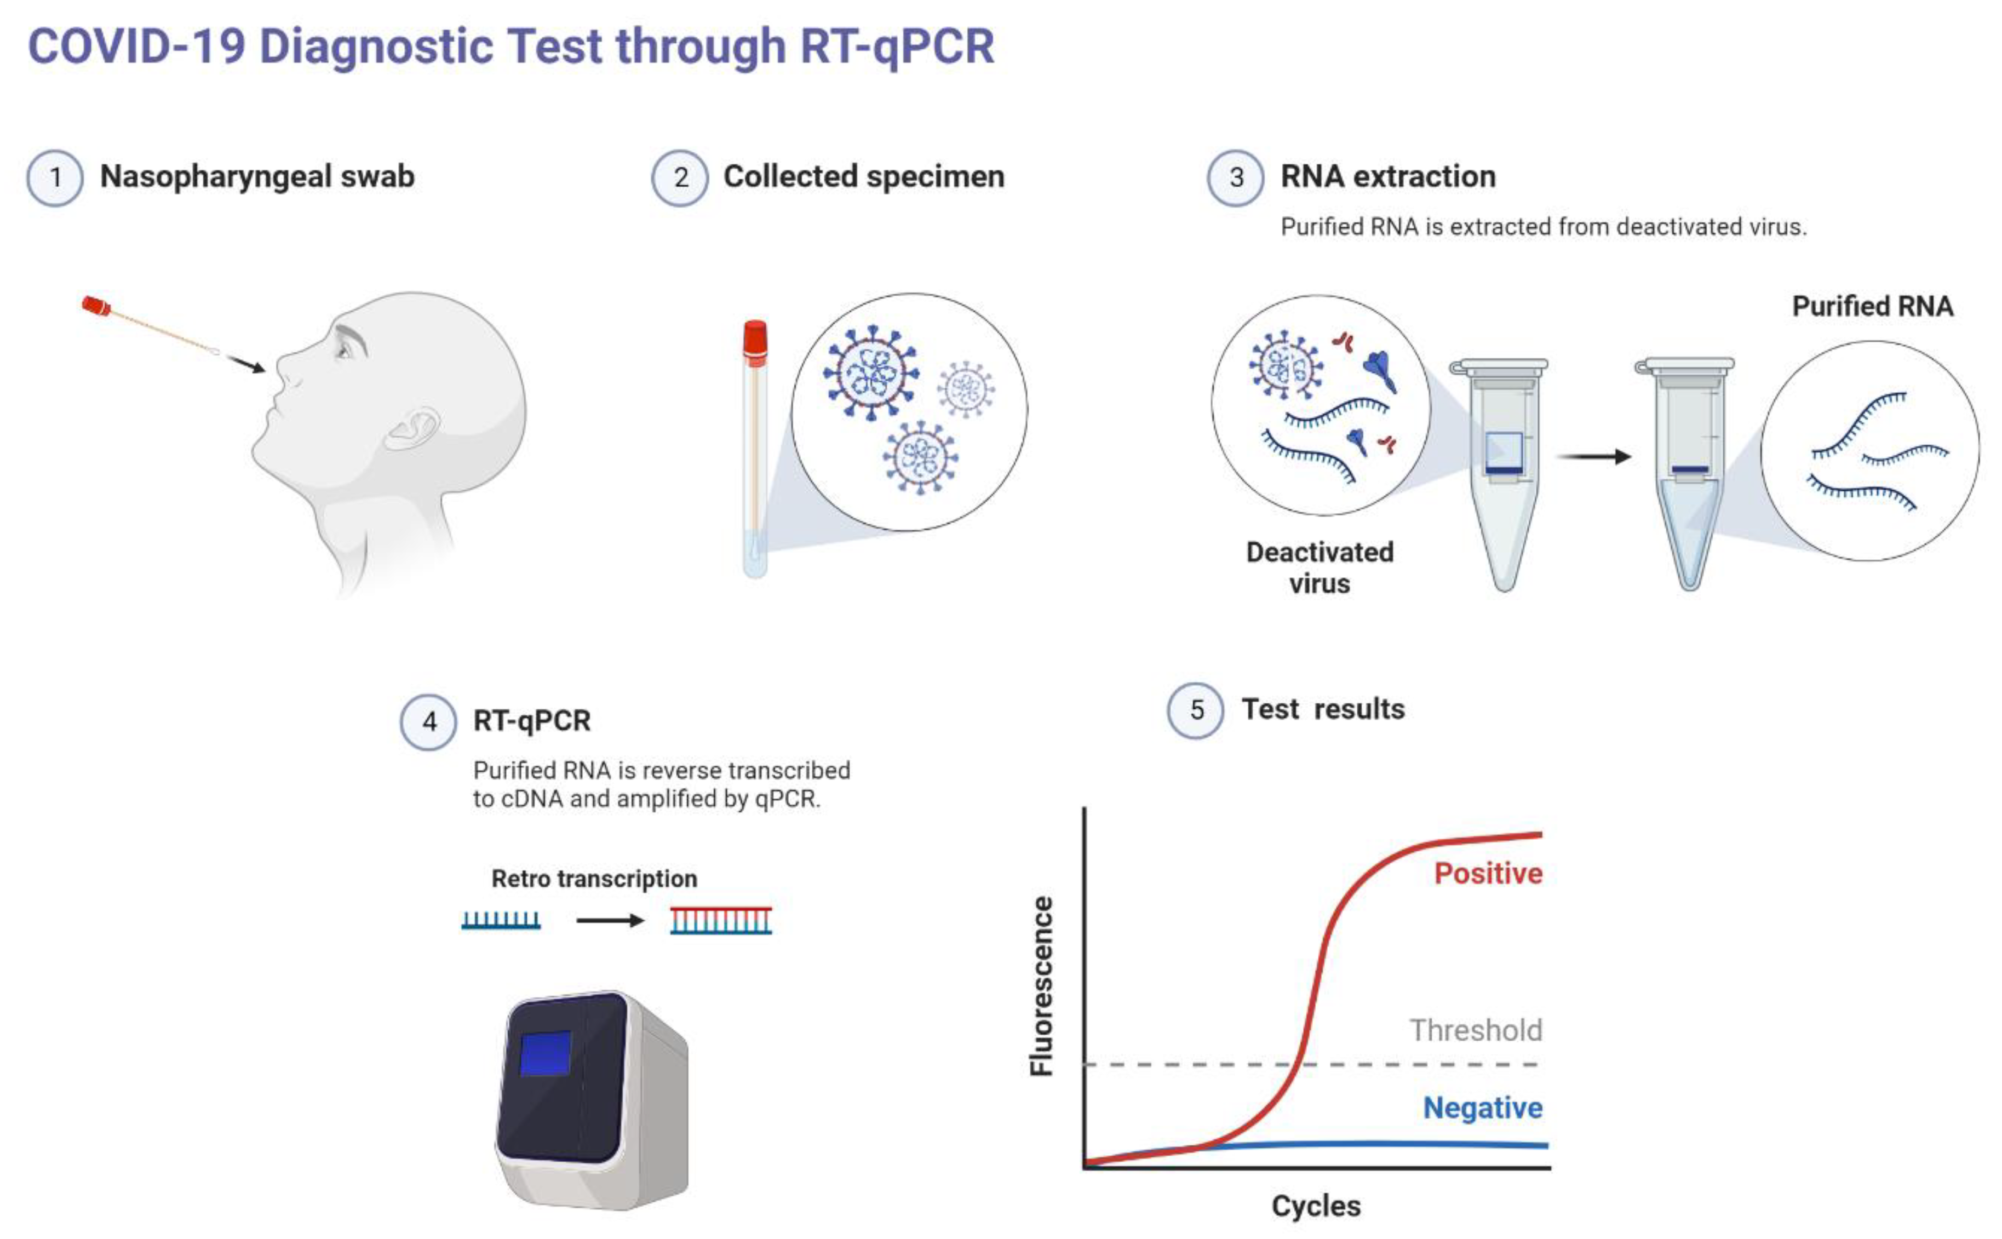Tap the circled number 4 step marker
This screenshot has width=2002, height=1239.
pos(428,722)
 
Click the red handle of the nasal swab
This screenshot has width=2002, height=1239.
pos(96,307)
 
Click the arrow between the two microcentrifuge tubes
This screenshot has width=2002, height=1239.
pos(1593,456)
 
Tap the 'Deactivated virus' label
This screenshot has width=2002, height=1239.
pos(1320,567)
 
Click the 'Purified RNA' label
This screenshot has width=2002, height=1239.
pos(1873,307)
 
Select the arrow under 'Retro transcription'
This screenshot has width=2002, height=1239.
pos(610,920)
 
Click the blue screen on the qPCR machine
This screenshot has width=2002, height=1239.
pos(545,1053)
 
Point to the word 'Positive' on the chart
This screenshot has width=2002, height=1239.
pos(1487,874)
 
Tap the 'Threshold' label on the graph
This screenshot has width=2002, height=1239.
pos(1475,1030)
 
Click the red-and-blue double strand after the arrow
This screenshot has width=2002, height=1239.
pos(720,920)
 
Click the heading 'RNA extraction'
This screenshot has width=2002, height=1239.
pos(1387,176)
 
